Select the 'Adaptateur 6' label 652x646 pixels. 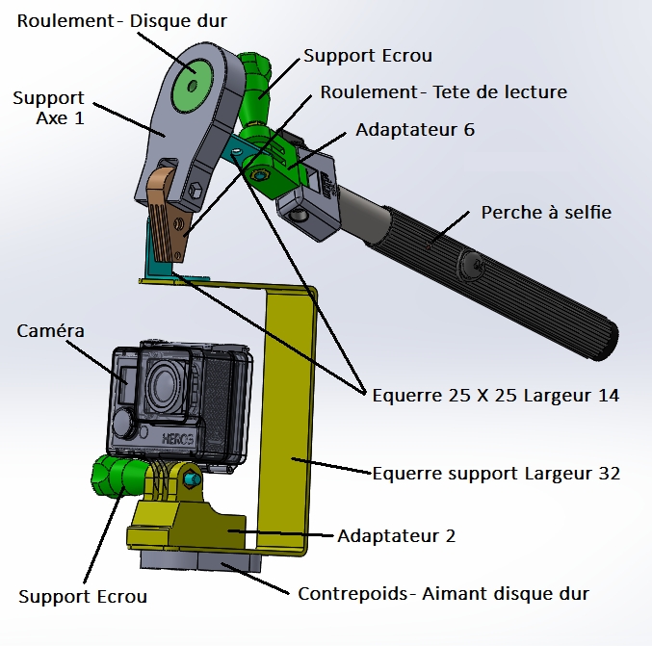pyautogui.click(x=415, y=129)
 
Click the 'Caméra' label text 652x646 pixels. pyautogui.click(x=51, y=330)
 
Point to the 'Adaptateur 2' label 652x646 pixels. pyautogui.click(x=397, y=535)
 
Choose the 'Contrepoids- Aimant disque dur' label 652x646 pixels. pyautogui.click(x=443, y=593)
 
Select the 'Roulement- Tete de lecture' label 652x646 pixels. pyautogui.click(x=444, y=92)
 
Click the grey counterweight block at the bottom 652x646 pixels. pyautogui.click(x=197, y=561)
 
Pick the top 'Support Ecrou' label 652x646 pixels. pyautogui.click(x=353, y=56)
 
